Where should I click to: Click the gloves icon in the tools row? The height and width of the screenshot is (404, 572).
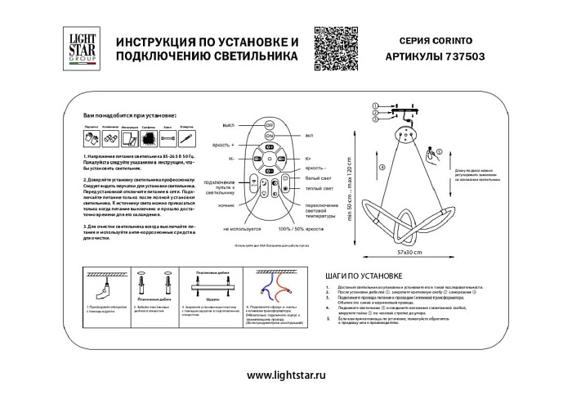[x=113, y=138]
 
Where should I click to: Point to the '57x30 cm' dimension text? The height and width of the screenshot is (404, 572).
[x=423, y=252]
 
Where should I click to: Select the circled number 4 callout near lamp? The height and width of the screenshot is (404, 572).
[x=382, y=169]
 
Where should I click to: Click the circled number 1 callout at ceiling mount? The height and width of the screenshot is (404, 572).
[x=378, y=106]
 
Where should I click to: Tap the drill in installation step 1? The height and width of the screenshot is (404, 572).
[x=106, y=287]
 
